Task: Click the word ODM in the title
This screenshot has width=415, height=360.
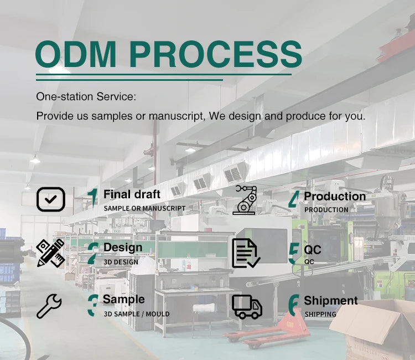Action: click(x=76, y=54)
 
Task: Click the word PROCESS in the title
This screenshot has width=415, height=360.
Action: click(x=216, y=54)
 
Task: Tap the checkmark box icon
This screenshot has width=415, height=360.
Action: click(x=50, y=199)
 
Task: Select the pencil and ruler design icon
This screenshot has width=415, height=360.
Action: click(x=50, y=253)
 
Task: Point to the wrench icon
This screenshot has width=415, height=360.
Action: click(x=49, y=306)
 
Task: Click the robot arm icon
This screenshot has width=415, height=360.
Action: click(x=245, y=200)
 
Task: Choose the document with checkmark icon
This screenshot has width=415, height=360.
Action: click(x=246, y=253)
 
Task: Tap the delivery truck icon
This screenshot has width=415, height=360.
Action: click(x=247, y=306)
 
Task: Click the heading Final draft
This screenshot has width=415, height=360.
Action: click(x=132, y=194)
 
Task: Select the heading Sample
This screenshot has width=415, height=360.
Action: click(x=124, y=300)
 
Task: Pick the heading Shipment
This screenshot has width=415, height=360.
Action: click(x=331, y=301)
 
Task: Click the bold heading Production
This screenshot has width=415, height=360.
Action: click(x=335, y=196)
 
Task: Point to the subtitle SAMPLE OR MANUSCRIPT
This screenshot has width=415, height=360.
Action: click(x=144, y=208)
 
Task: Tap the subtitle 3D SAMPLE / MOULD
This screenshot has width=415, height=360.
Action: click(x=137, y=314)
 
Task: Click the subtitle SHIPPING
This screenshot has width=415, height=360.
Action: click(x=320, y=315)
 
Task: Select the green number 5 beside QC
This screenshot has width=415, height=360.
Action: click(x=294, y=254)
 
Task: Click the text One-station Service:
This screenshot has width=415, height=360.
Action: click(x=86, y=97)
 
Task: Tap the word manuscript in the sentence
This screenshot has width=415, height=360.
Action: click(x=177, y=116)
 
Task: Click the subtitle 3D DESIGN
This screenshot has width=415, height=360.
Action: click(x=121, y=262)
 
